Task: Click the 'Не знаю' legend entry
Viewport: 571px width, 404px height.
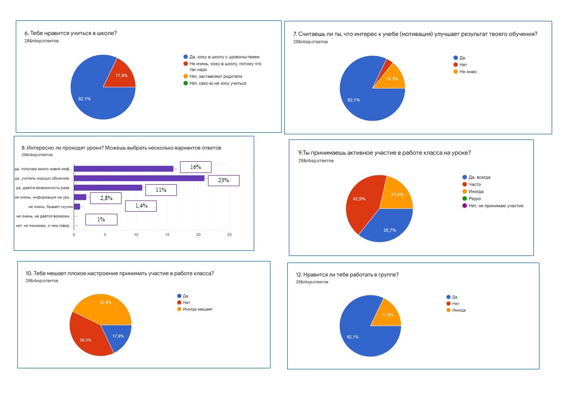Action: coord(468,72)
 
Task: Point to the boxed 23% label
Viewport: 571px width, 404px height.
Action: coord(224,180)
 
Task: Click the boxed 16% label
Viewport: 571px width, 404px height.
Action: coord(196,167)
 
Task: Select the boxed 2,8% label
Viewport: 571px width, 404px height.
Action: coord(105,198)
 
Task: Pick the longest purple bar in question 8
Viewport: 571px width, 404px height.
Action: coord(139,178)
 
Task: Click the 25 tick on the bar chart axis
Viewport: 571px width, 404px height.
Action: coord(229,235)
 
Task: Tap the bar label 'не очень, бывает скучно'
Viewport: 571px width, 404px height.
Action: coord(51,207)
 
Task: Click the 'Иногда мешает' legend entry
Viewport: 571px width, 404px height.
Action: coord(197,309)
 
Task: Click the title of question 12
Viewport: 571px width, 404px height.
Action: coord(347,275)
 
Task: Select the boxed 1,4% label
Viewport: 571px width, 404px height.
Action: coord(141,206)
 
